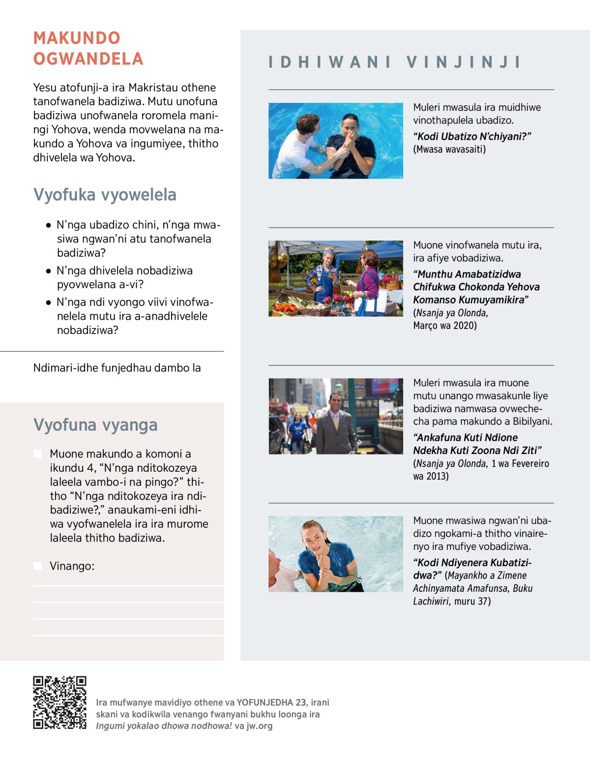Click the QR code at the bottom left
point(59,702)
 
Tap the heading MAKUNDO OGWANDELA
point(88,48)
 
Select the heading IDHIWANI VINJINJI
point(394,62)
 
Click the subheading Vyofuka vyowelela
point(105,195)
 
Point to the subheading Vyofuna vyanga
point(95,425)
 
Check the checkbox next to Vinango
point(37,566)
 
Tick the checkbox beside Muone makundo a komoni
point(37,454)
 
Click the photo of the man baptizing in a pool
point(336,141)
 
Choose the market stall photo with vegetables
point(336,278)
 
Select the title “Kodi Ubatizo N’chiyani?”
point(472,136)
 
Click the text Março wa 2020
point(445,326)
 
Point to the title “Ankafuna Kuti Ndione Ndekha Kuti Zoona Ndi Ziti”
point(477,444)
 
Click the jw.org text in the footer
point(259,726)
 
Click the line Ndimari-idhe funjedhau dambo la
point(117,368)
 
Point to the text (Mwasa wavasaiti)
point(449,149)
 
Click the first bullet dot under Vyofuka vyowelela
point(48,225)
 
